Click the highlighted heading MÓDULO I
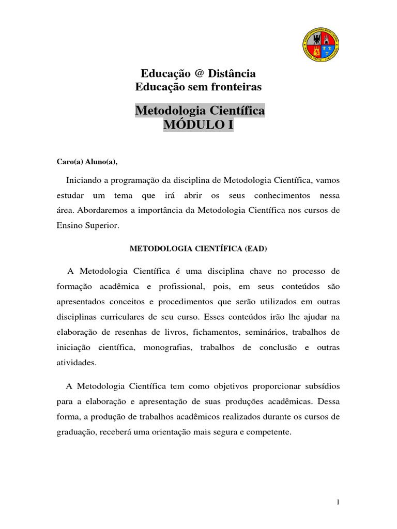198,125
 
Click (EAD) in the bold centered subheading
257,248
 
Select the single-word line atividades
77,363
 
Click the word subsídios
321,386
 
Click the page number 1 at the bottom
338,502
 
